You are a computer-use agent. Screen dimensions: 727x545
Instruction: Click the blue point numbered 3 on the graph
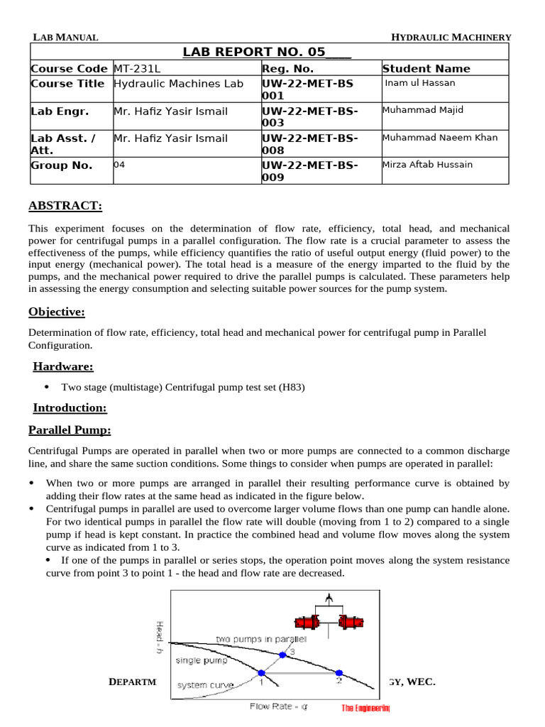[x=283, y=655]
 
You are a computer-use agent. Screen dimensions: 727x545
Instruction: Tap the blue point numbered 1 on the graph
[x=260, y=672]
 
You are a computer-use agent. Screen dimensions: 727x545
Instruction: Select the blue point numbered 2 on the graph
[x=339, y=672]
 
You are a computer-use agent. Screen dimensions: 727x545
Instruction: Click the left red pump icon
[x=306, y=623]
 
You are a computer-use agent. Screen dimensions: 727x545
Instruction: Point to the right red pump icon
[x=351, y=623]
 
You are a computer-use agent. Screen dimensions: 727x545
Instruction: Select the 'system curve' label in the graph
[x=202, y=685]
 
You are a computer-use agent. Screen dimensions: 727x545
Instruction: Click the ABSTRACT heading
[x=65, y=206]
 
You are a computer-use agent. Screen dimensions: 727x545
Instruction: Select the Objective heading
[x=57, y=312]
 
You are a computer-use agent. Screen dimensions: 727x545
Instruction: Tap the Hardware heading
[x=63, y=366]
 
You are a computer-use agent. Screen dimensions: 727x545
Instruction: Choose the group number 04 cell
[x=119, y=164]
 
